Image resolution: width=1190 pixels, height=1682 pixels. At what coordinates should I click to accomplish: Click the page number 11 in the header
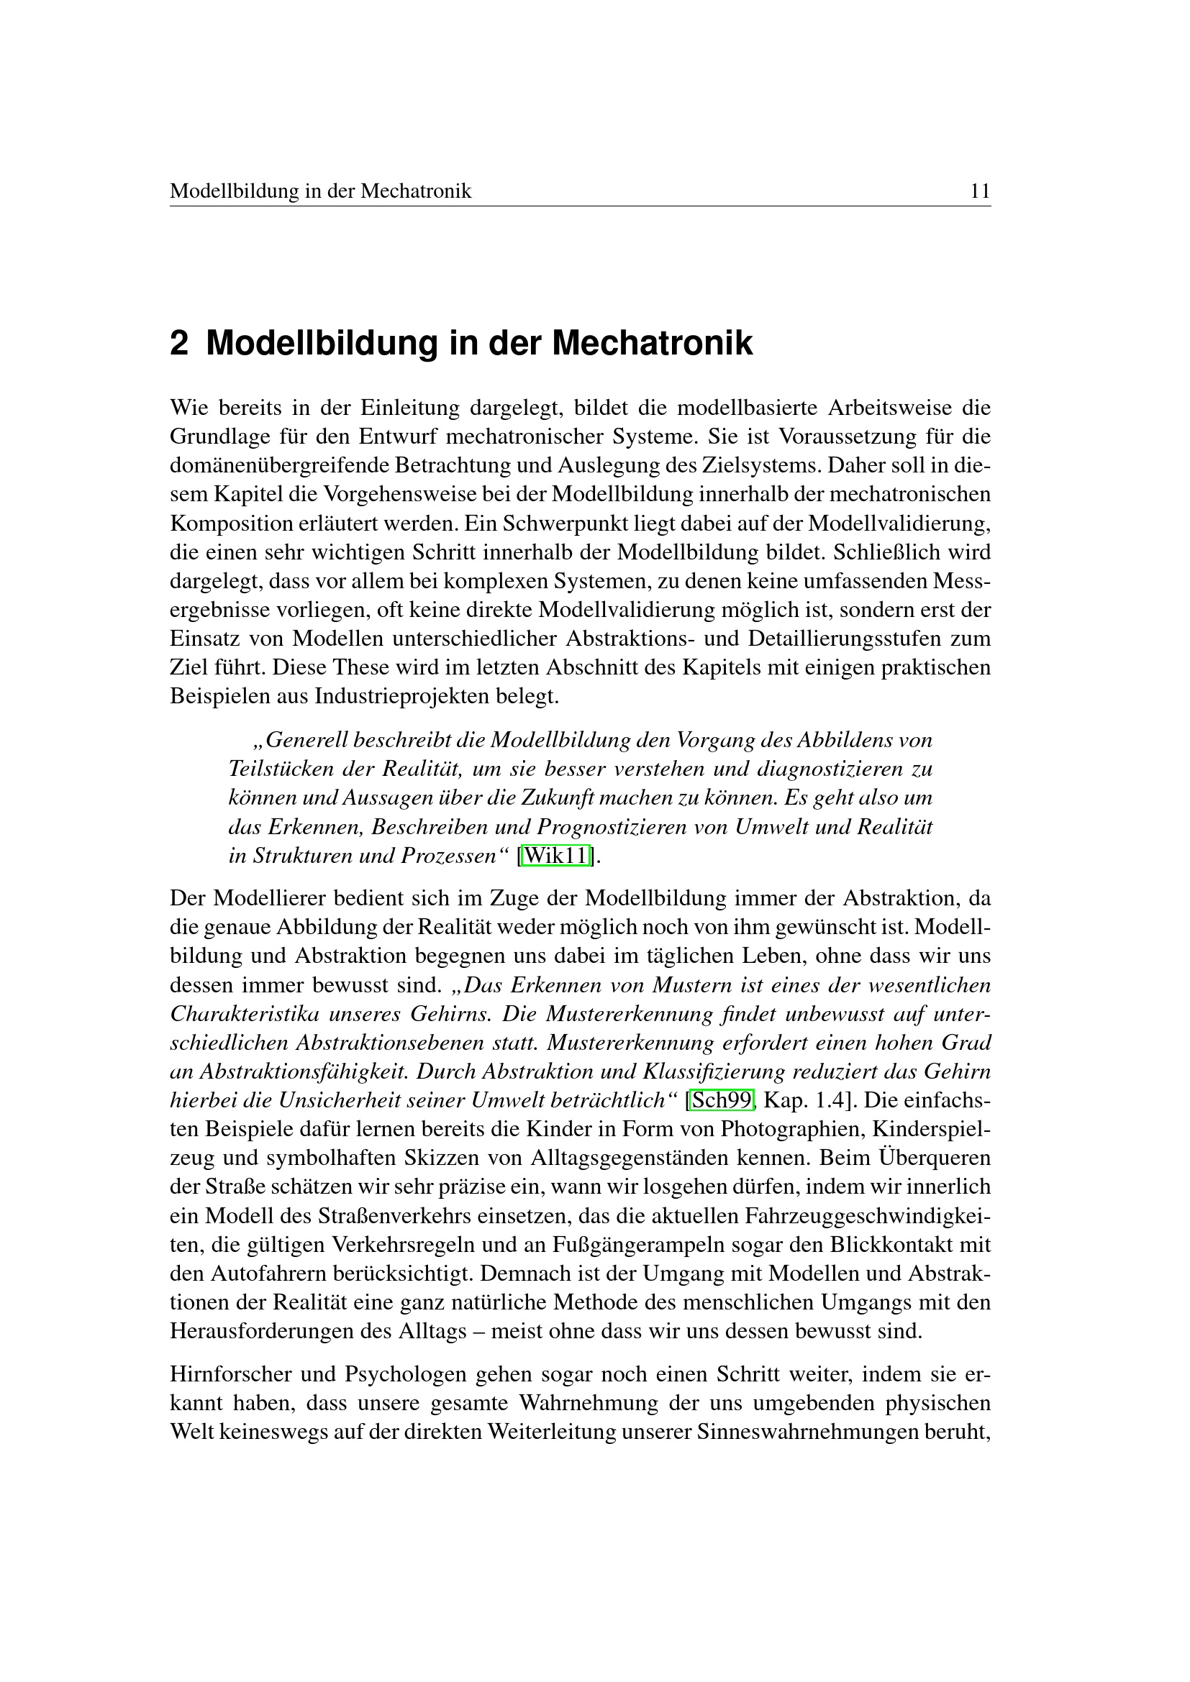[x=980, y=192]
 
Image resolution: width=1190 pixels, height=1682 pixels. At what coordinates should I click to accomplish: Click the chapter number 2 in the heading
[x=179, y=344]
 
